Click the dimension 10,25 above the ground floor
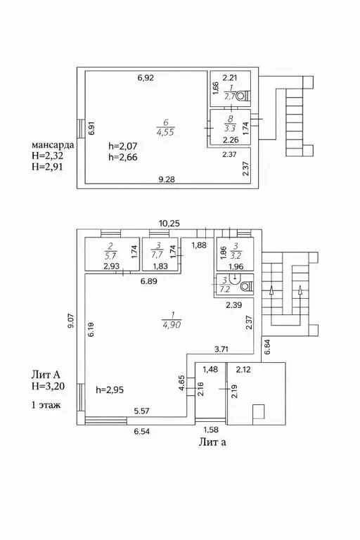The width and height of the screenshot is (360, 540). coord(169,223)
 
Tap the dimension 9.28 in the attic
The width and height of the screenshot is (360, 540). coord(166,179)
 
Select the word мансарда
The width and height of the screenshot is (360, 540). coord(53,145)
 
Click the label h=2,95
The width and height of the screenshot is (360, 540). coord(110,390)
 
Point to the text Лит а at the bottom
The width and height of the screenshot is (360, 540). coord(212,442)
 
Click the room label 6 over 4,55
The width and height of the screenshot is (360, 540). coord(166,127)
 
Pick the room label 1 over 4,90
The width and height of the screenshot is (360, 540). coord(172,320)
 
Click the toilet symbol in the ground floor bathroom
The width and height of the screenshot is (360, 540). coord(247,286)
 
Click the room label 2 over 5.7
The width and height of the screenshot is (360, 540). coord(111,251)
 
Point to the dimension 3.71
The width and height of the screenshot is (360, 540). coord(221,349)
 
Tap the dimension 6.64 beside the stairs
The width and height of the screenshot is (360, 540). coord(267,347)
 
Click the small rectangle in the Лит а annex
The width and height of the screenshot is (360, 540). coord(258,412)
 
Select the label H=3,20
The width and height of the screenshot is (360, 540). coord(48,387)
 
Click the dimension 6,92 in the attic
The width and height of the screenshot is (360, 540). coord(146,78)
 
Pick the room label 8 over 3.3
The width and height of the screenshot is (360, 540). coord(230,124)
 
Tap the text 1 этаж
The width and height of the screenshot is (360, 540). coord(46,405)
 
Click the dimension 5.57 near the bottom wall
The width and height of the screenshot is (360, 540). coord(141,411)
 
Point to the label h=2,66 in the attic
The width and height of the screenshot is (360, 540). coord(122,157)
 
